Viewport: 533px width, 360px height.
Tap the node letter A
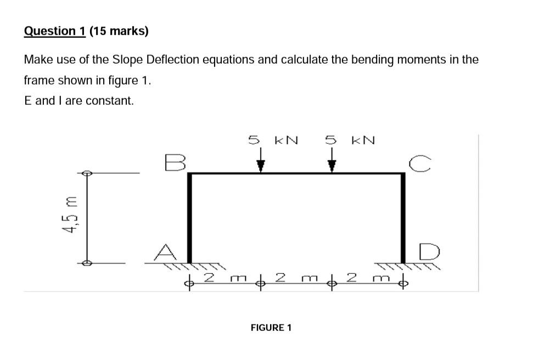(165, 252)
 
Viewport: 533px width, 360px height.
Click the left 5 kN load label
(273, 140)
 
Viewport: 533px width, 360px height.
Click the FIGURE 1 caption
(271, 328)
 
